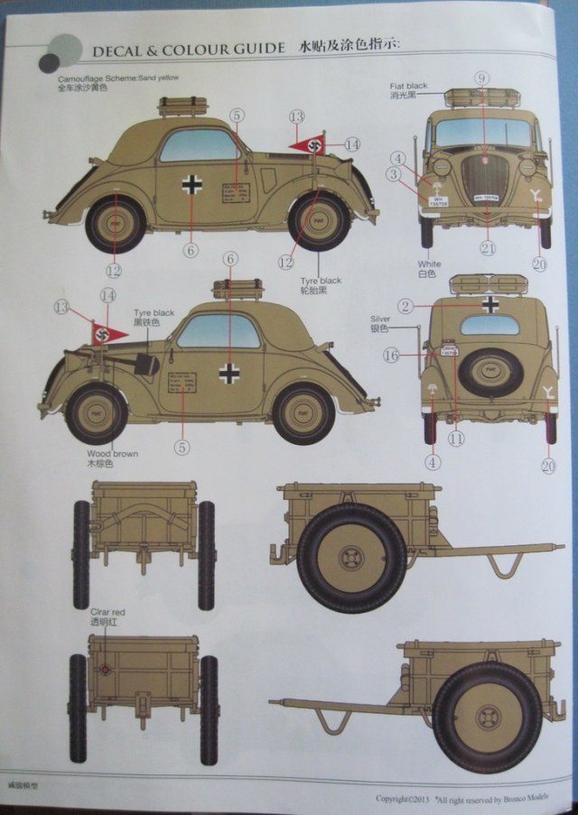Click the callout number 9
pos(482,79)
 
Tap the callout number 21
pos(488,248)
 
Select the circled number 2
pos(406,307)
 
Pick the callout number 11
pos(456,439)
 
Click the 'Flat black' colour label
pos(409,86)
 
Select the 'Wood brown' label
pos(112,453)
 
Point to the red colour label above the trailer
pos(107,612)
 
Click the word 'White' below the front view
pos(428,264)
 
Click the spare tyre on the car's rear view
pos(489,371)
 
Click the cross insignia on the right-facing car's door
pos(191,185)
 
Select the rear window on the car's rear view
pos(489,325)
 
